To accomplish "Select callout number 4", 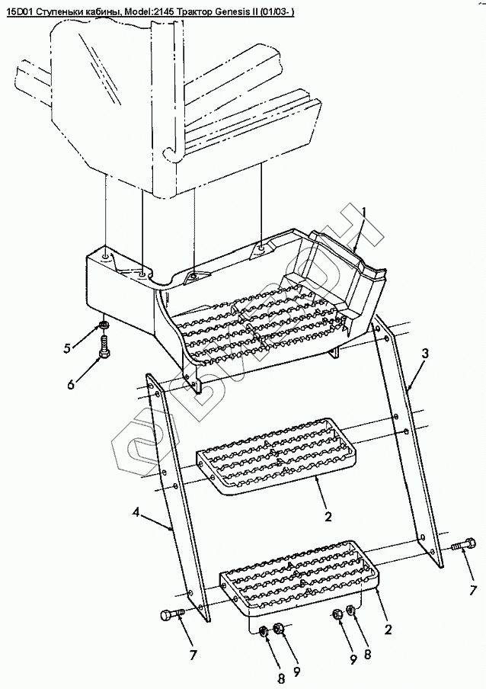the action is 136,513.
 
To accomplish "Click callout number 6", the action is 71,384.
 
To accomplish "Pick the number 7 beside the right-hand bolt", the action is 472,589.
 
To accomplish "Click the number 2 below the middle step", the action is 328,516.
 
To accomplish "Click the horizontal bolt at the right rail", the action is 459,546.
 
